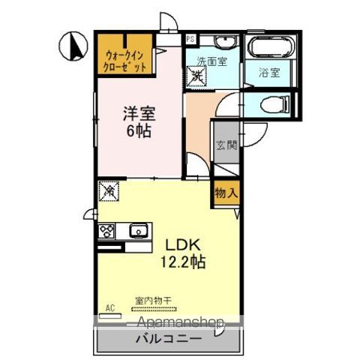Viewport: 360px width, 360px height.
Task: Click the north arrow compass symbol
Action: [x=73, y=47]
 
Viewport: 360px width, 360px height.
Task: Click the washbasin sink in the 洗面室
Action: [x=223, y=42]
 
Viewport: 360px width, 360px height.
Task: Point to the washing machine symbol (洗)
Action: [x=196, y=75]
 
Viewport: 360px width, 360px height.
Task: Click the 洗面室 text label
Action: [x=212, y=62]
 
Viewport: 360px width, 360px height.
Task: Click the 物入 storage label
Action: [x=226, y=192]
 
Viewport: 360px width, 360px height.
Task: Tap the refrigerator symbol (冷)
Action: [x=108, y=192]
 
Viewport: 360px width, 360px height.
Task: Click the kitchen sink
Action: [x=138, y=231]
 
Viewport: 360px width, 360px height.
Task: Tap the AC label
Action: [x=109, y=307]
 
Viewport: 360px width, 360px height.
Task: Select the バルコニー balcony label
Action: [x=167, y=338]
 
